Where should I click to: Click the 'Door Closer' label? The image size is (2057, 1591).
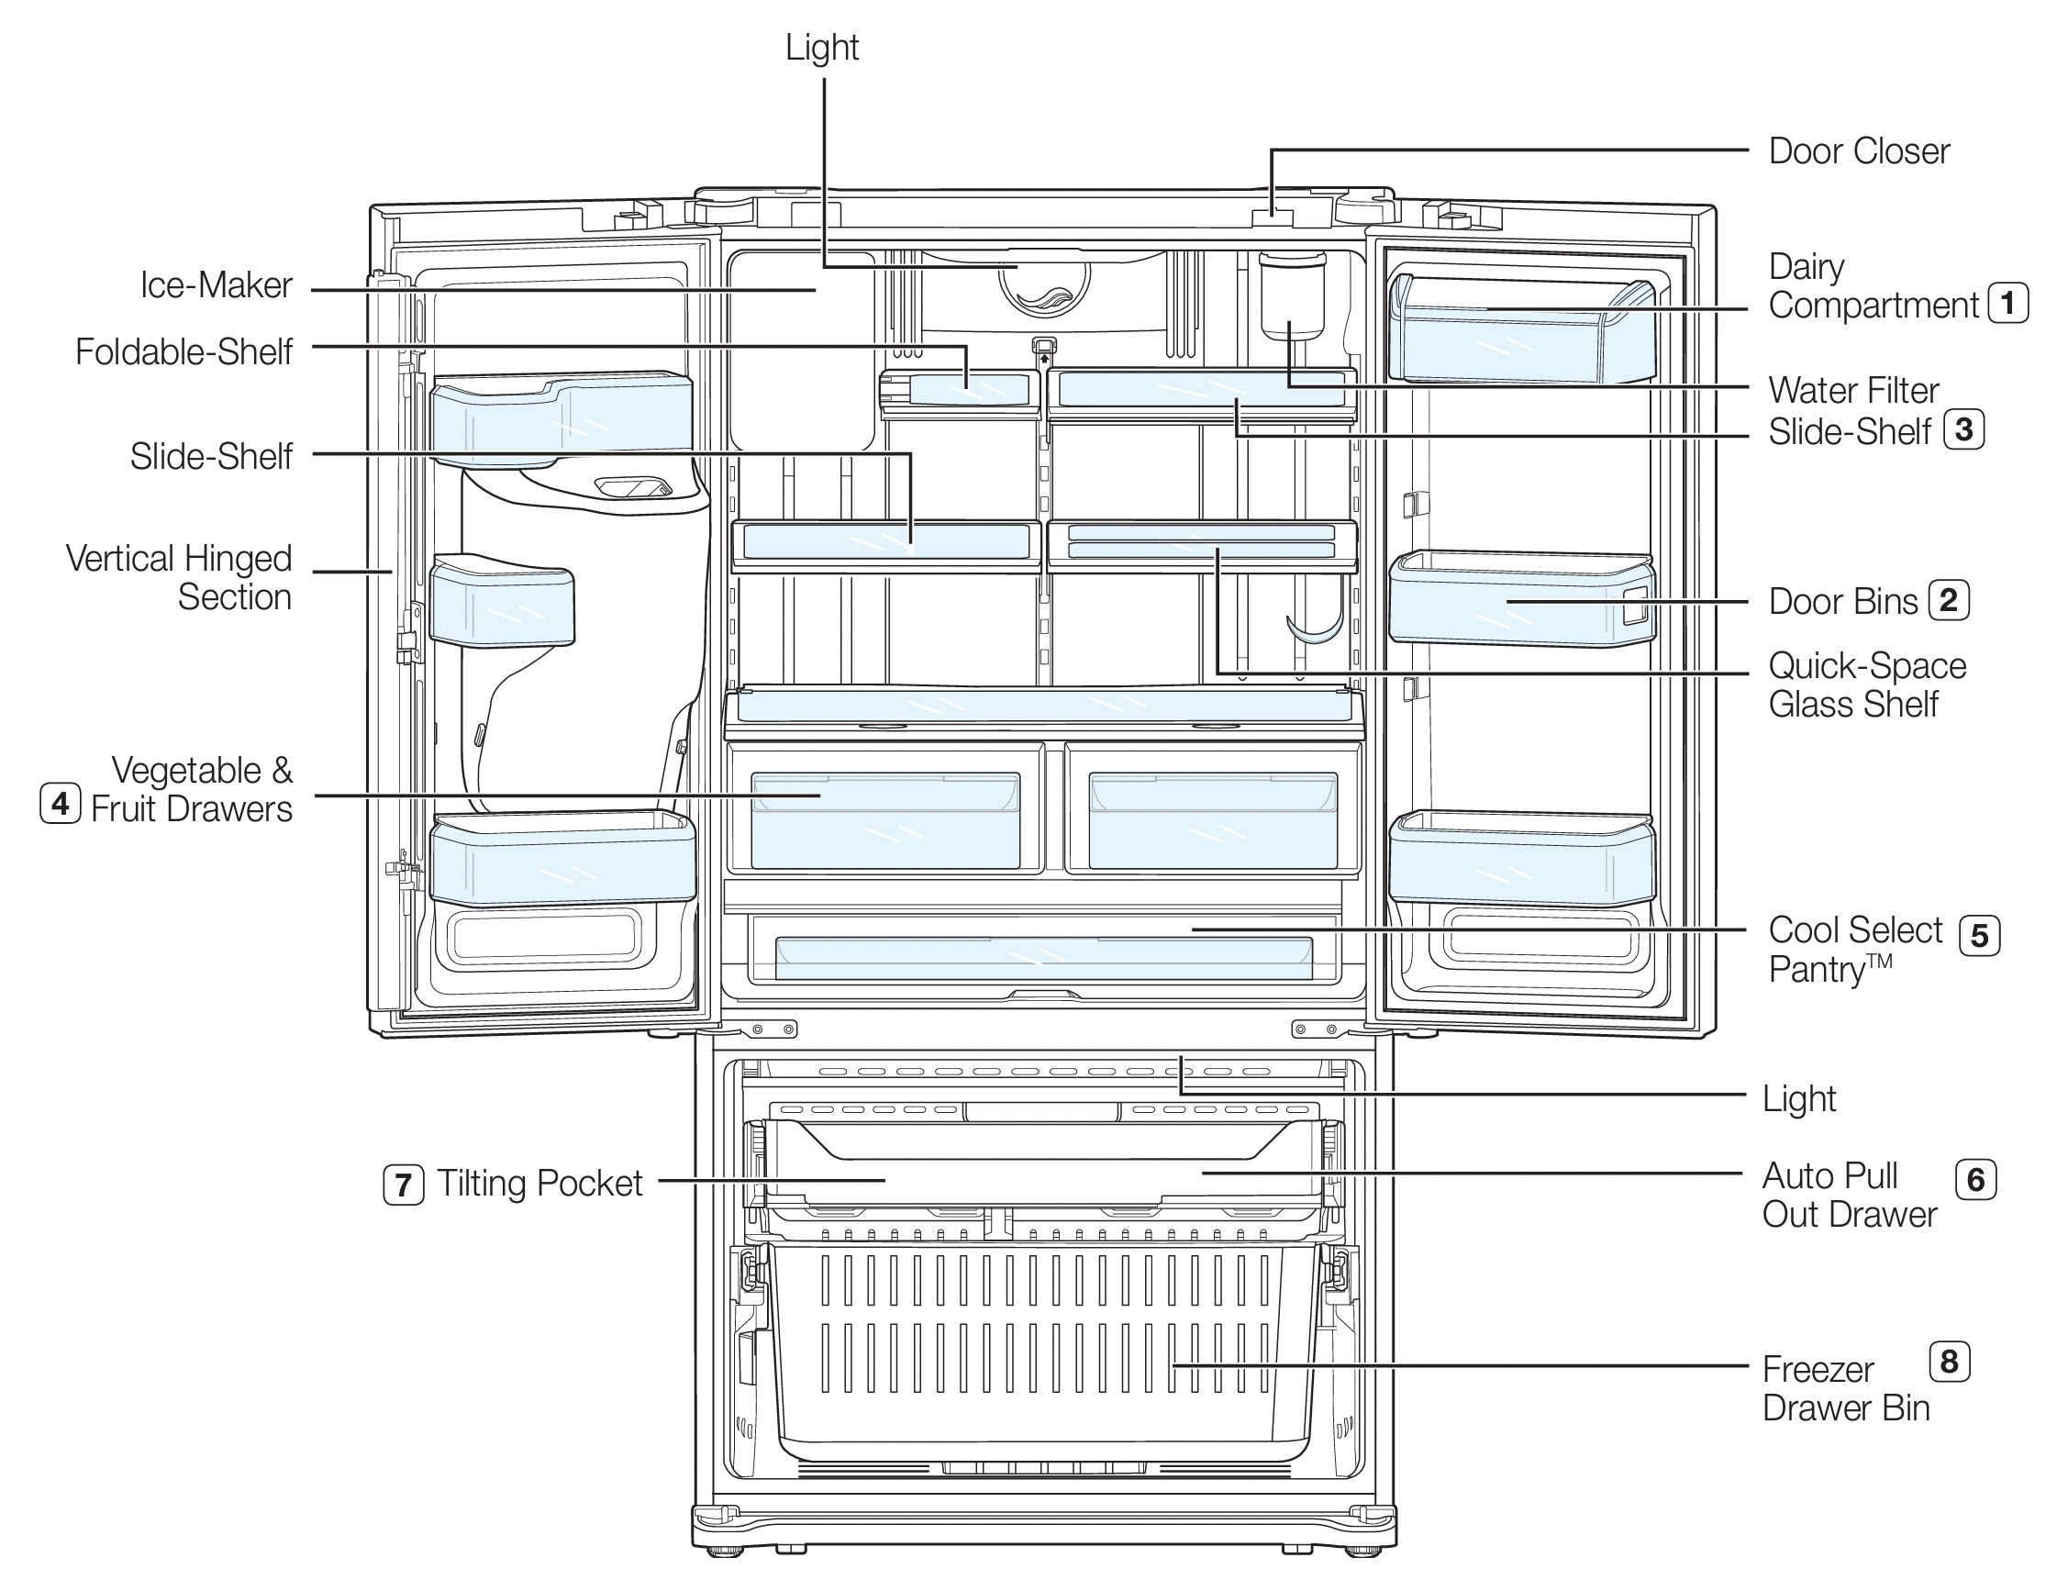tap(1858, 150)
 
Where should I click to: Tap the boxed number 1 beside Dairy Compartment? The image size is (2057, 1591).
tap(2007, 304)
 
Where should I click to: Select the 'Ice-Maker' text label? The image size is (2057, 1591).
tap(216, 285)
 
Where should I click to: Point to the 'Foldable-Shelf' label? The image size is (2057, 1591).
tap(183, 352)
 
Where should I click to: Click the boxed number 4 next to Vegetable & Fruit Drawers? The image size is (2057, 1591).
tap(61, 804)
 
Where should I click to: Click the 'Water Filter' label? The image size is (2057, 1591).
tap(1852, 390)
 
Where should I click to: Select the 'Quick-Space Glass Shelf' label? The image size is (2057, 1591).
tap(1866, 684)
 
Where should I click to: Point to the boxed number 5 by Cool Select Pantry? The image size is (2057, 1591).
tap(1979, 935)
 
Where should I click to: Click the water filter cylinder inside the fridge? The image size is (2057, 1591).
tap(1292, 296)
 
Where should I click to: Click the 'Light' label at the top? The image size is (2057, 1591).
tap(822, 48)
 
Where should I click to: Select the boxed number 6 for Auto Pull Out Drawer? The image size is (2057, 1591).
tap(1976, 1179)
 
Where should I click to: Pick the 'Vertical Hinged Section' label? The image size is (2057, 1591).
tap(179, 577)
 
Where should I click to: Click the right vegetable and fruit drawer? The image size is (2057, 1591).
tap(1212, 819)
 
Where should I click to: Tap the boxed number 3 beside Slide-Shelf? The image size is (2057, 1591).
tap(1963, 429)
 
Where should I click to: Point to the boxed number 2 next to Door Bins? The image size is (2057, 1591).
tap(1948, 600)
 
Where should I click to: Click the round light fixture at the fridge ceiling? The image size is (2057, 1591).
tap(1043, 283)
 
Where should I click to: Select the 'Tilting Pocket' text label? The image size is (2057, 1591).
tap(539, 1183)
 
